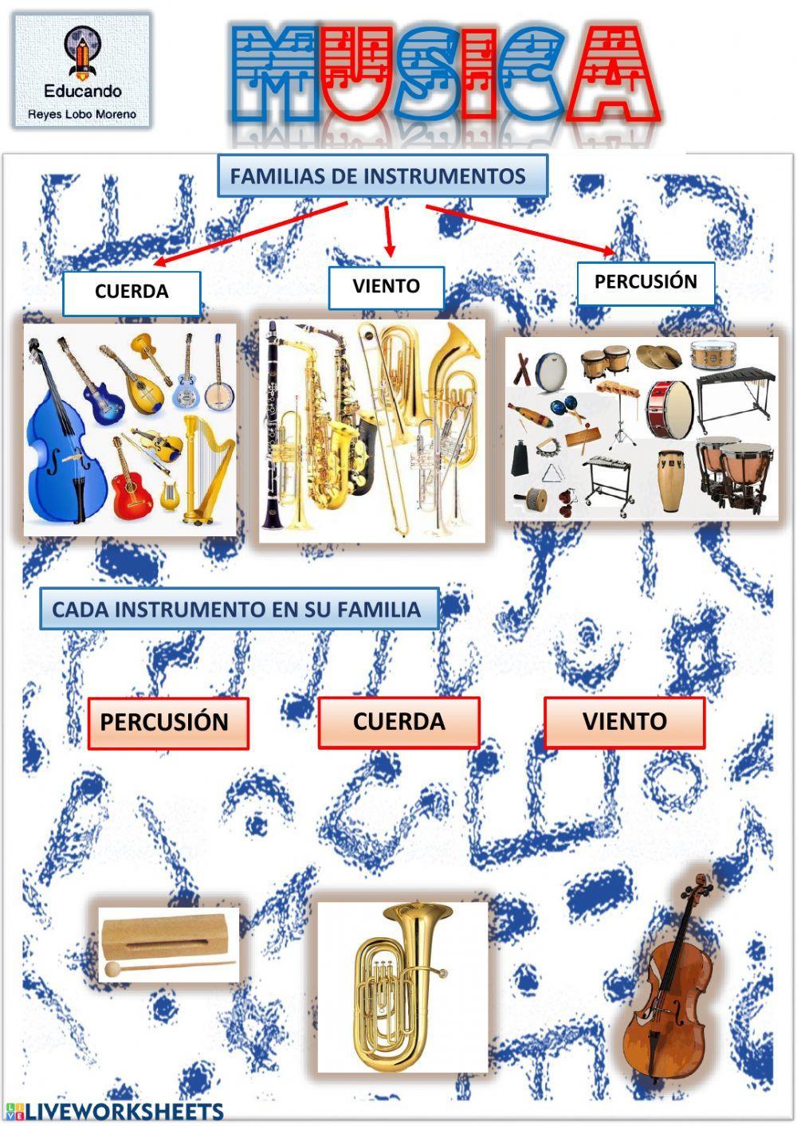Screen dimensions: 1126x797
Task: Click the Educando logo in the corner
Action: pyautogui.click(x=81, y=70)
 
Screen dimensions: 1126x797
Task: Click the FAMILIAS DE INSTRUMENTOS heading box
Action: pyautogui.click(x=382, y=176)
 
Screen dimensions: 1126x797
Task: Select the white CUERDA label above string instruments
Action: pyautogui.click(x=132, y=292)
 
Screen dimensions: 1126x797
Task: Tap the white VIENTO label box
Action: pyautogui.click(x=386, y=287)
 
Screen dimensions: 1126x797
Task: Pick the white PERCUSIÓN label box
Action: pyautogui.click(x=645, y=282)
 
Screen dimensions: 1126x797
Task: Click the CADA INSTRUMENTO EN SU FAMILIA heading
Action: pyautogui.click(x=238, y=610)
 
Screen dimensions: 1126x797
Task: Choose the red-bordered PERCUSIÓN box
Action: pyautogui.click(x=167, y=723)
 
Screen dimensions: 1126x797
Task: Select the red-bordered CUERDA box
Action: pyautogui.click(x=398, y=722)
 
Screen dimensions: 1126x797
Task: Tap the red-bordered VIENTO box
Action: pyautogui.click(x=624, y=722)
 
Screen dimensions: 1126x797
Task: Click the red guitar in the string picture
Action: pyautogui.click(x=134, y=487)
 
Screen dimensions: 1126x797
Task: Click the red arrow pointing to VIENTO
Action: pyautogui.click(x=389, y=230)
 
